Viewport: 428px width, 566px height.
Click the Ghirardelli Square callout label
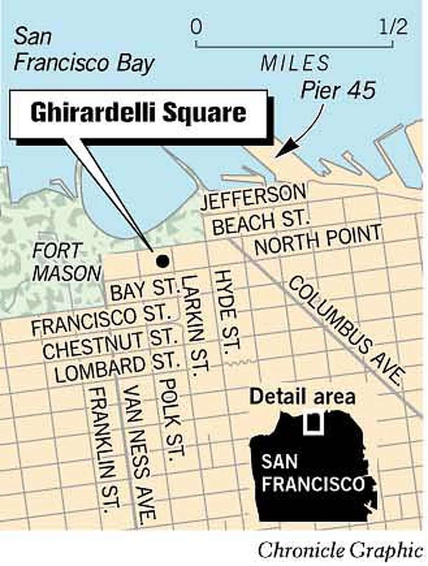coord(138,113)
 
